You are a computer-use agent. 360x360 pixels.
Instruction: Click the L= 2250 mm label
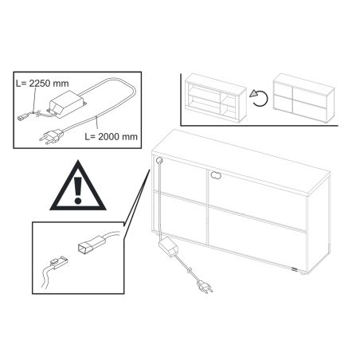coord(42,84)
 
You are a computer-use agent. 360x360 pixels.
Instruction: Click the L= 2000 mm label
coord(112,136)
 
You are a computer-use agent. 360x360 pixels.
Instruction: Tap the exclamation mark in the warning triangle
coord(78,190)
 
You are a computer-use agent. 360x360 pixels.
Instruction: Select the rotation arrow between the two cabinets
coord(259,98)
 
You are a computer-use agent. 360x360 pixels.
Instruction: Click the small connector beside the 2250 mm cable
coord(23,117)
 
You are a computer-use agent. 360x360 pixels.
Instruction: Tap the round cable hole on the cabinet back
coord(159,160)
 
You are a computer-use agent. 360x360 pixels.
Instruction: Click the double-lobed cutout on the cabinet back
coord(217,175)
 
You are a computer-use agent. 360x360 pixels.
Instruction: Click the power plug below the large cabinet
coord(205,288)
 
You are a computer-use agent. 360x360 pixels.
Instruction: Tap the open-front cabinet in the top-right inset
coord(216,98)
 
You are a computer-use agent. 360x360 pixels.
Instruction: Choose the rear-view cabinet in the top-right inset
coord(304,98)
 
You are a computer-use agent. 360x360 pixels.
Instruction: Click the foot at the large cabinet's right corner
coord(303,272)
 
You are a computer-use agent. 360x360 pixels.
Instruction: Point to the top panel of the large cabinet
coord(241,161)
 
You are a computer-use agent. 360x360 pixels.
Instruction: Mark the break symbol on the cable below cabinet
coord(189,272)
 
